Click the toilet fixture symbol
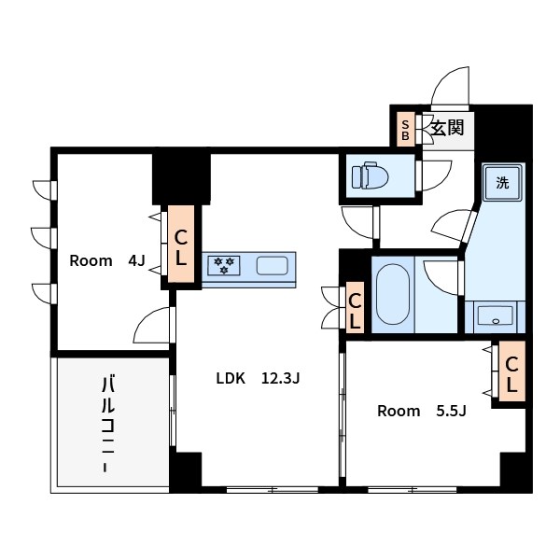[x=370, y=175]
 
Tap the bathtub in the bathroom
[x=393, y=294]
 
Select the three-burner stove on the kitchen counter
[x=224, y=266]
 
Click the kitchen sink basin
[x=273, y=266]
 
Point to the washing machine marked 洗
[x=502, y=183]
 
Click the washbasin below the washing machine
[x=495, y=315]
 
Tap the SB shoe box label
[x=405, y=130]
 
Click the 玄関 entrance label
[x=447, y=128]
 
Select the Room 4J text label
[x=107, y=260]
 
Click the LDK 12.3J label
[x=258, y=378]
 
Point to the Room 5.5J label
[x=422, y=411]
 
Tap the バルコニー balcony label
[x=108, y=424]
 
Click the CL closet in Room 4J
[x=181, y=244]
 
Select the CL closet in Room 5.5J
[x=511, y=371]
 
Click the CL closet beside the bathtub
[x=355, y=307]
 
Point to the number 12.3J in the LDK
[x=280, y=378]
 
